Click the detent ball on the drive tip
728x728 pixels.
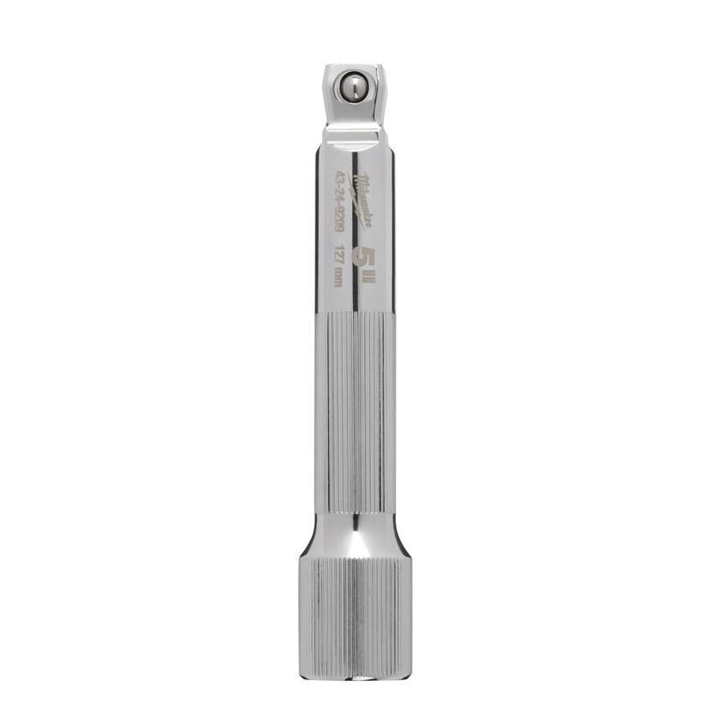coord(352,87)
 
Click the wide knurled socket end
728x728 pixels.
coord(353,608)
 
